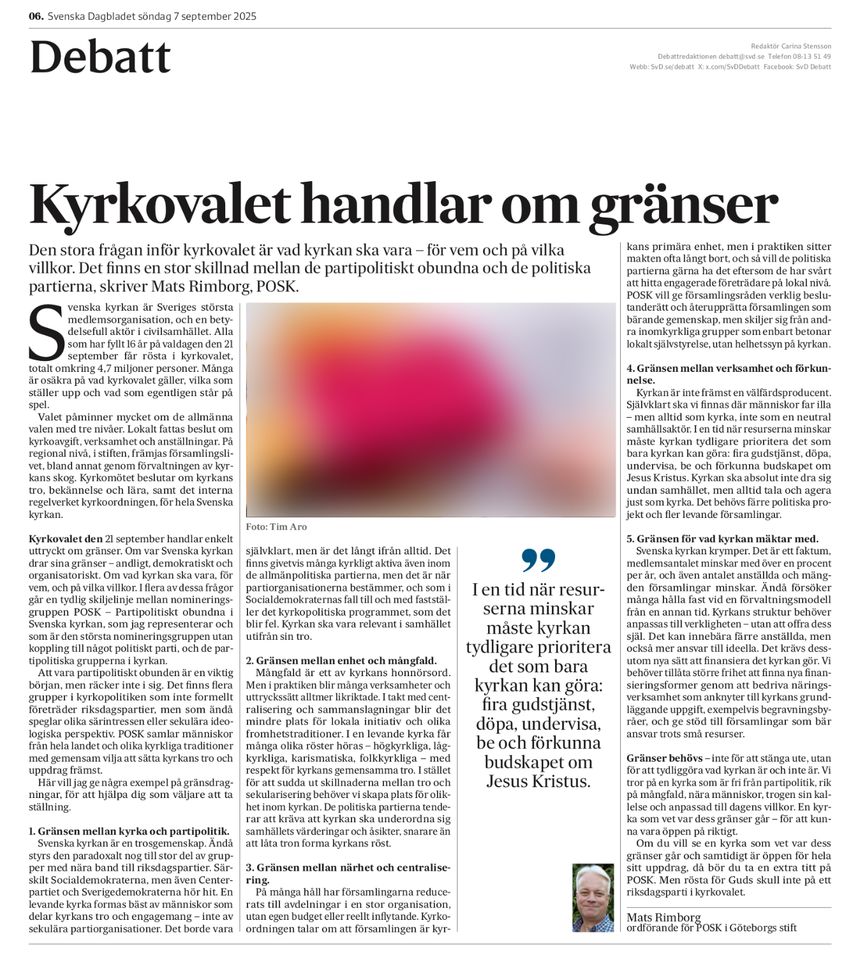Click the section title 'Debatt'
click(x=100, y=57)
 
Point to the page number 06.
click(x=36, y=16)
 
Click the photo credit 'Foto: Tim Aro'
click(x=276, y=527)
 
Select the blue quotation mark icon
click(x=538, y=560)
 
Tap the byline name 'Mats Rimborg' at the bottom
click(x=664, y=917)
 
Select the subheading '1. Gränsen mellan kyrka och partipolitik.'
click(x=129, y=831)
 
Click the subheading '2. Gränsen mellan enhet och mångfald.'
click(x=341, y=661)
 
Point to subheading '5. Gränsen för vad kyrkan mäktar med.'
click(x=722, y=539)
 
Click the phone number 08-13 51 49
click(x=813, y=56)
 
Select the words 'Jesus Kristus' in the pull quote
click(x=538, y=781)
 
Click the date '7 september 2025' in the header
click(x=215, y=16)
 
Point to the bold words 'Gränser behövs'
click(x=664, y=758)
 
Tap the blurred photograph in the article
click(x=431, y=410)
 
